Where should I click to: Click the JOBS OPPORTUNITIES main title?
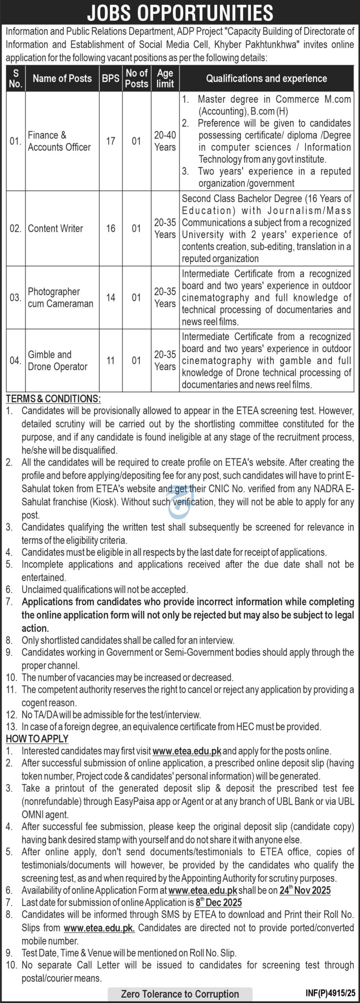click(180, 13)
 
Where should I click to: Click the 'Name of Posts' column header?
click(62, 78)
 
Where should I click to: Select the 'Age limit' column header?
click(165, 78)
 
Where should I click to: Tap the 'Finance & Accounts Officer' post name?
click(59, 141)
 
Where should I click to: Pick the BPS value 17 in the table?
click(110, 141)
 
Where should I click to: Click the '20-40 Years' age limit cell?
click(165, 141)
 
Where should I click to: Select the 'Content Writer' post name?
click(55, 228)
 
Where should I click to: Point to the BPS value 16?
click(110, 228)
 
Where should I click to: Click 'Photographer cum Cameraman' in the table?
click(60, 297)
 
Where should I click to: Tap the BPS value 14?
click(110, 297)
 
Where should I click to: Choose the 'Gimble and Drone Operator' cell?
click(58, 360)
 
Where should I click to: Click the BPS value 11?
click(110, 360)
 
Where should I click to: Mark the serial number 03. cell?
click(15, 297)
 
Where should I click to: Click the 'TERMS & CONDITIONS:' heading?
click(53, 399)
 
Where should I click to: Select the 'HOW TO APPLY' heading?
click(37, 739)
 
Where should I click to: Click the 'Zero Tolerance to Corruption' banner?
click(180, 994)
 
